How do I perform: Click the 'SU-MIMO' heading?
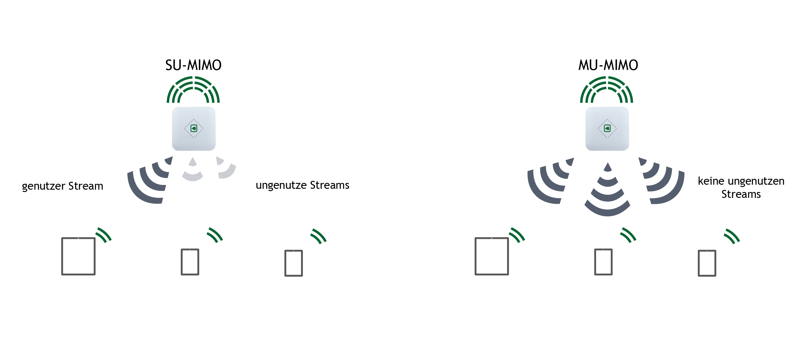click(193, 65)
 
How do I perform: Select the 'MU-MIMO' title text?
click(608, 65)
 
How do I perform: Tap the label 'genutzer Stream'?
click(63, 186)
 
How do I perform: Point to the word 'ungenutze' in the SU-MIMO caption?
click(281, 185)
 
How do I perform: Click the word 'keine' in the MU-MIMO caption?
click(711, 181)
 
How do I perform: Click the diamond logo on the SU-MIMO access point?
click(194, 128)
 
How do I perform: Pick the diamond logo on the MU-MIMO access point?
click(607, 128)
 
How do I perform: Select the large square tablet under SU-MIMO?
click(78, 256)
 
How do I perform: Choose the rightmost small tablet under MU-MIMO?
click(707, 263)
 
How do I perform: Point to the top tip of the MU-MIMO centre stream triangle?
click(607, 162)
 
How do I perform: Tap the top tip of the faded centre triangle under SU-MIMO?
click(193, 157)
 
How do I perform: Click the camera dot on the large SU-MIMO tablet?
click(78, 239)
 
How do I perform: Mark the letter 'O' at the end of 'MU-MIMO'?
click(633, 65)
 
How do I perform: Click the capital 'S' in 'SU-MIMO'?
click(169, 65)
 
